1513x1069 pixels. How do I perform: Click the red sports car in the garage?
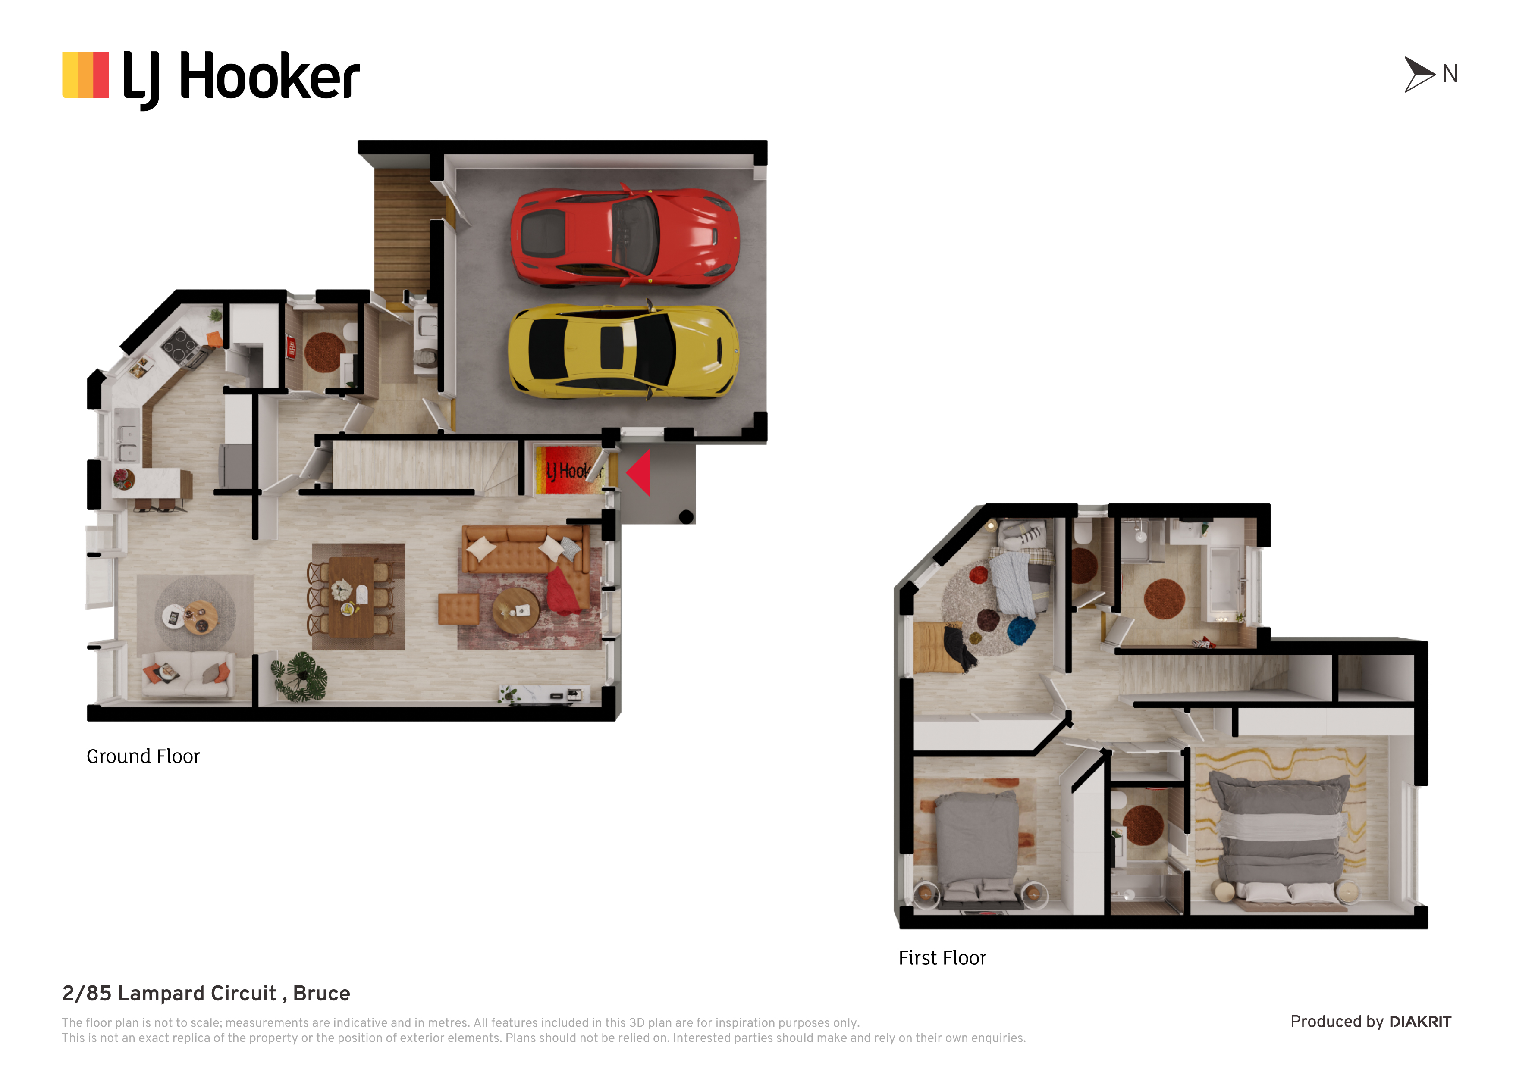coord(625,237)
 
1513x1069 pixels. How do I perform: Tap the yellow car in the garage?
coord(623,351)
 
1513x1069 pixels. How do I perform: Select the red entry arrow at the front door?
coord(639,472)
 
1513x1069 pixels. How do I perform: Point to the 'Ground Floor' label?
coord(143,756)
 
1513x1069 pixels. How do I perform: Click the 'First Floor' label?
coord(942,958)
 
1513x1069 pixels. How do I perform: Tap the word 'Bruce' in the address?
coord(322,993)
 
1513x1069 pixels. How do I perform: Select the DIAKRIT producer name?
coord(1420,1022)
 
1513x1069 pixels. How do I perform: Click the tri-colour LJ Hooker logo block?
coord(85,75)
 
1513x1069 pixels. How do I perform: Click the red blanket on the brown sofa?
coord(563,591)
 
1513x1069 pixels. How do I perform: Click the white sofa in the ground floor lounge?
coord(188,674)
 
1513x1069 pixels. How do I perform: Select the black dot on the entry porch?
coord(686,517)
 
